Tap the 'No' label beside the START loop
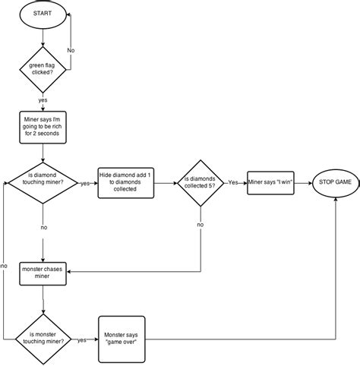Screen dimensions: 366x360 (71, 49)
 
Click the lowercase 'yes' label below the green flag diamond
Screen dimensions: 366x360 (43, 99)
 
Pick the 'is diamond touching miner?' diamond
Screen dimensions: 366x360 (43, 183)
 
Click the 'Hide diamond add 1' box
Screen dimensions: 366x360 (127, 182)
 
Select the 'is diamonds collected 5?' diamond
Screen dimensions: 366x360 (201, 183)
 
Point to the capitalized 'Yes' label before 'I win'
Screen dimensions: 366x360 (235, 182)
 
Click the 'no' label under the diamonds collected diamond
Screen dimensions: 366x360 (201, 225)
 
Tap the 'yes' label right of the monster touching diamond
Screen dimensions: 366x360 (82, 339)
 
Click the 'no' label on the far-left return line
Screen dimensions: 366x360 (5, 266)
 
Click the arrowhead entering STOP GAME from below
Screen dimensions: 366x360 (336, 200)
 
